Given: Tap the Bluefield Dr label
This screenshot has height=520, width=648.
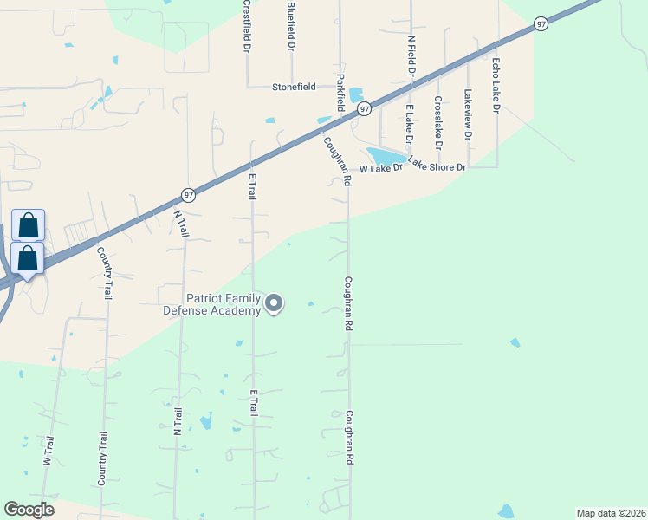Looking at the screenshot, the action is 291,25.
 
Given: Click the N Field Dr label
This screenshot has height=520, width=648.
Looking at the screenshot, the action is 411,51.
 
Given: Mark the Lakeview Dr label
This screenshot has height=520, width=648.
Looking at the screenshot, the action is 468,114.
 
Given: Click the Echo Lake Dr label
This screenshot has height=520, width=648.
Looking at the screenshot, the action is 496,86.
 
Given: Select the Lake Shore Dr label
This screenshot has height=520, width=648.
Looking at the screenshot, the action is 437,164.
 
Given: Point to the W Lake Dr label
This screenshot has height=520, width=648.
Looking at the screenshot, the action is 382,168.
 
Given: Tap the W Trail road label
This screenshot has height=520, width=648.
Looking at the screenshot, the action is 49,451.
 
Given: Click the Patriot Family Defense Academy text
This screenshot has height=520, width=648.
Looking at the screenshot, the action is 211,304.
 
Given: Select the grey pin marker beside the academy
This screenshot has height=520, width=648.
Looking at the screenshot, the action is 274,303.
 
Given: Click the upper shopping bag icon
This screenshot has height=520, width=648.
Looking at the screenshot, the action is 28,225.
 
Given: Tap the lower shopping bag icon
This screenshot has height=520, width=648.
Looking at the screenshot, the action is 28,259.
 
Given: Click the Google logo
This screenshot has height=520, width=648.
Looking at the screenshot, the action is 29,510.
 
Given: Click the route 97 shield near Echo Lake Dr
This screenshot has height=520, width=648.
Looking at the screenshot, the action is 541,24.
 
